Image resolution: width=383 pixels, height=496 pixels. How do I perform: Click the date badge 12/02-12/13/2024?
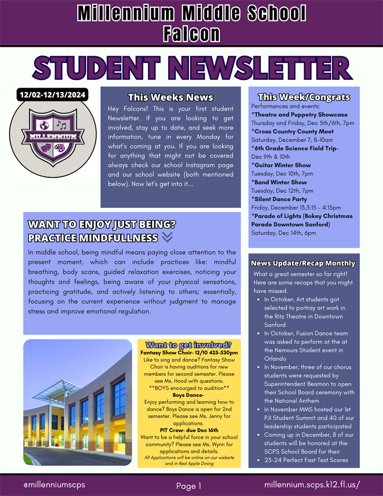(x=53, y=95)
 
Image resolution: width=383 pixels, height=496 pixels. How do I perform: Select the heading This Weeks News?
(x=170, y=98)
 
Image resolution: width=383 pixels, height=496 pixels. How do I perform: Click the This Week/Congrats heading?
(x=304, y=97)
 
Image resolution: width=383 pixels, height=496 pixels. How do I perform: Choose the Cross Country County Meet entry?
(x=294, y=131)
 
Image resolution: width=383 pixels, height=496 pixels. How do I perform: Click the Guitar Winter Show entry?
(x=282, y=165)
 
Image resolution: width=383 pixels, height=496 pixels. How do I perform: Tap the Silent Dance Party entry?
(x=279, y=198)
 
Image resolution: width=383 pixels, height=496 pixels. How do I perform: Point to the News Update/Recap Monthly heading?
(x=303, y=263)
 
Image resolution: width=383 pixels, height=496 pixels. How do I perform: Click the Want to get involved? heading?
(x=188, y=345)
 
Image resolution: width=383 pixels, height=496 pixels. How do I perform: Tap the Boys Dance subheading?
(x=188, y=395)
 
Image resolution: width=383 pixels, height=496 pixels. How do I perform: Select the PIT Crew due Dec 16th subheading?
(x=188, y=430)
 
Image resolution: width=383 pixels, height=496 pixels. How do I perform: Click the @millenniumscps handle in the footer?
(x=54, y=484)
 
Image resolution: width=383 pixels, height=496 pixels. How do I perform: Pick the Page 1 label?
(x=189, y=486)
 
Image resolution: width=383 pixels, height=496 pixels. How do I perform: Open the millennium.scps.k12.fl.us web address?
(x=312, y=484)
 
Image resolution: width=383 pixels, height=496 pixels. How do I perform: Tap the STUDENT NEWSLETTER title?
(x=192, y=68)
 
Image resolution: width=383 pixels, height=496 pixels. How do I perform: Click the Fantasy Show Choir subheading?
(x=188, y=352)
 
